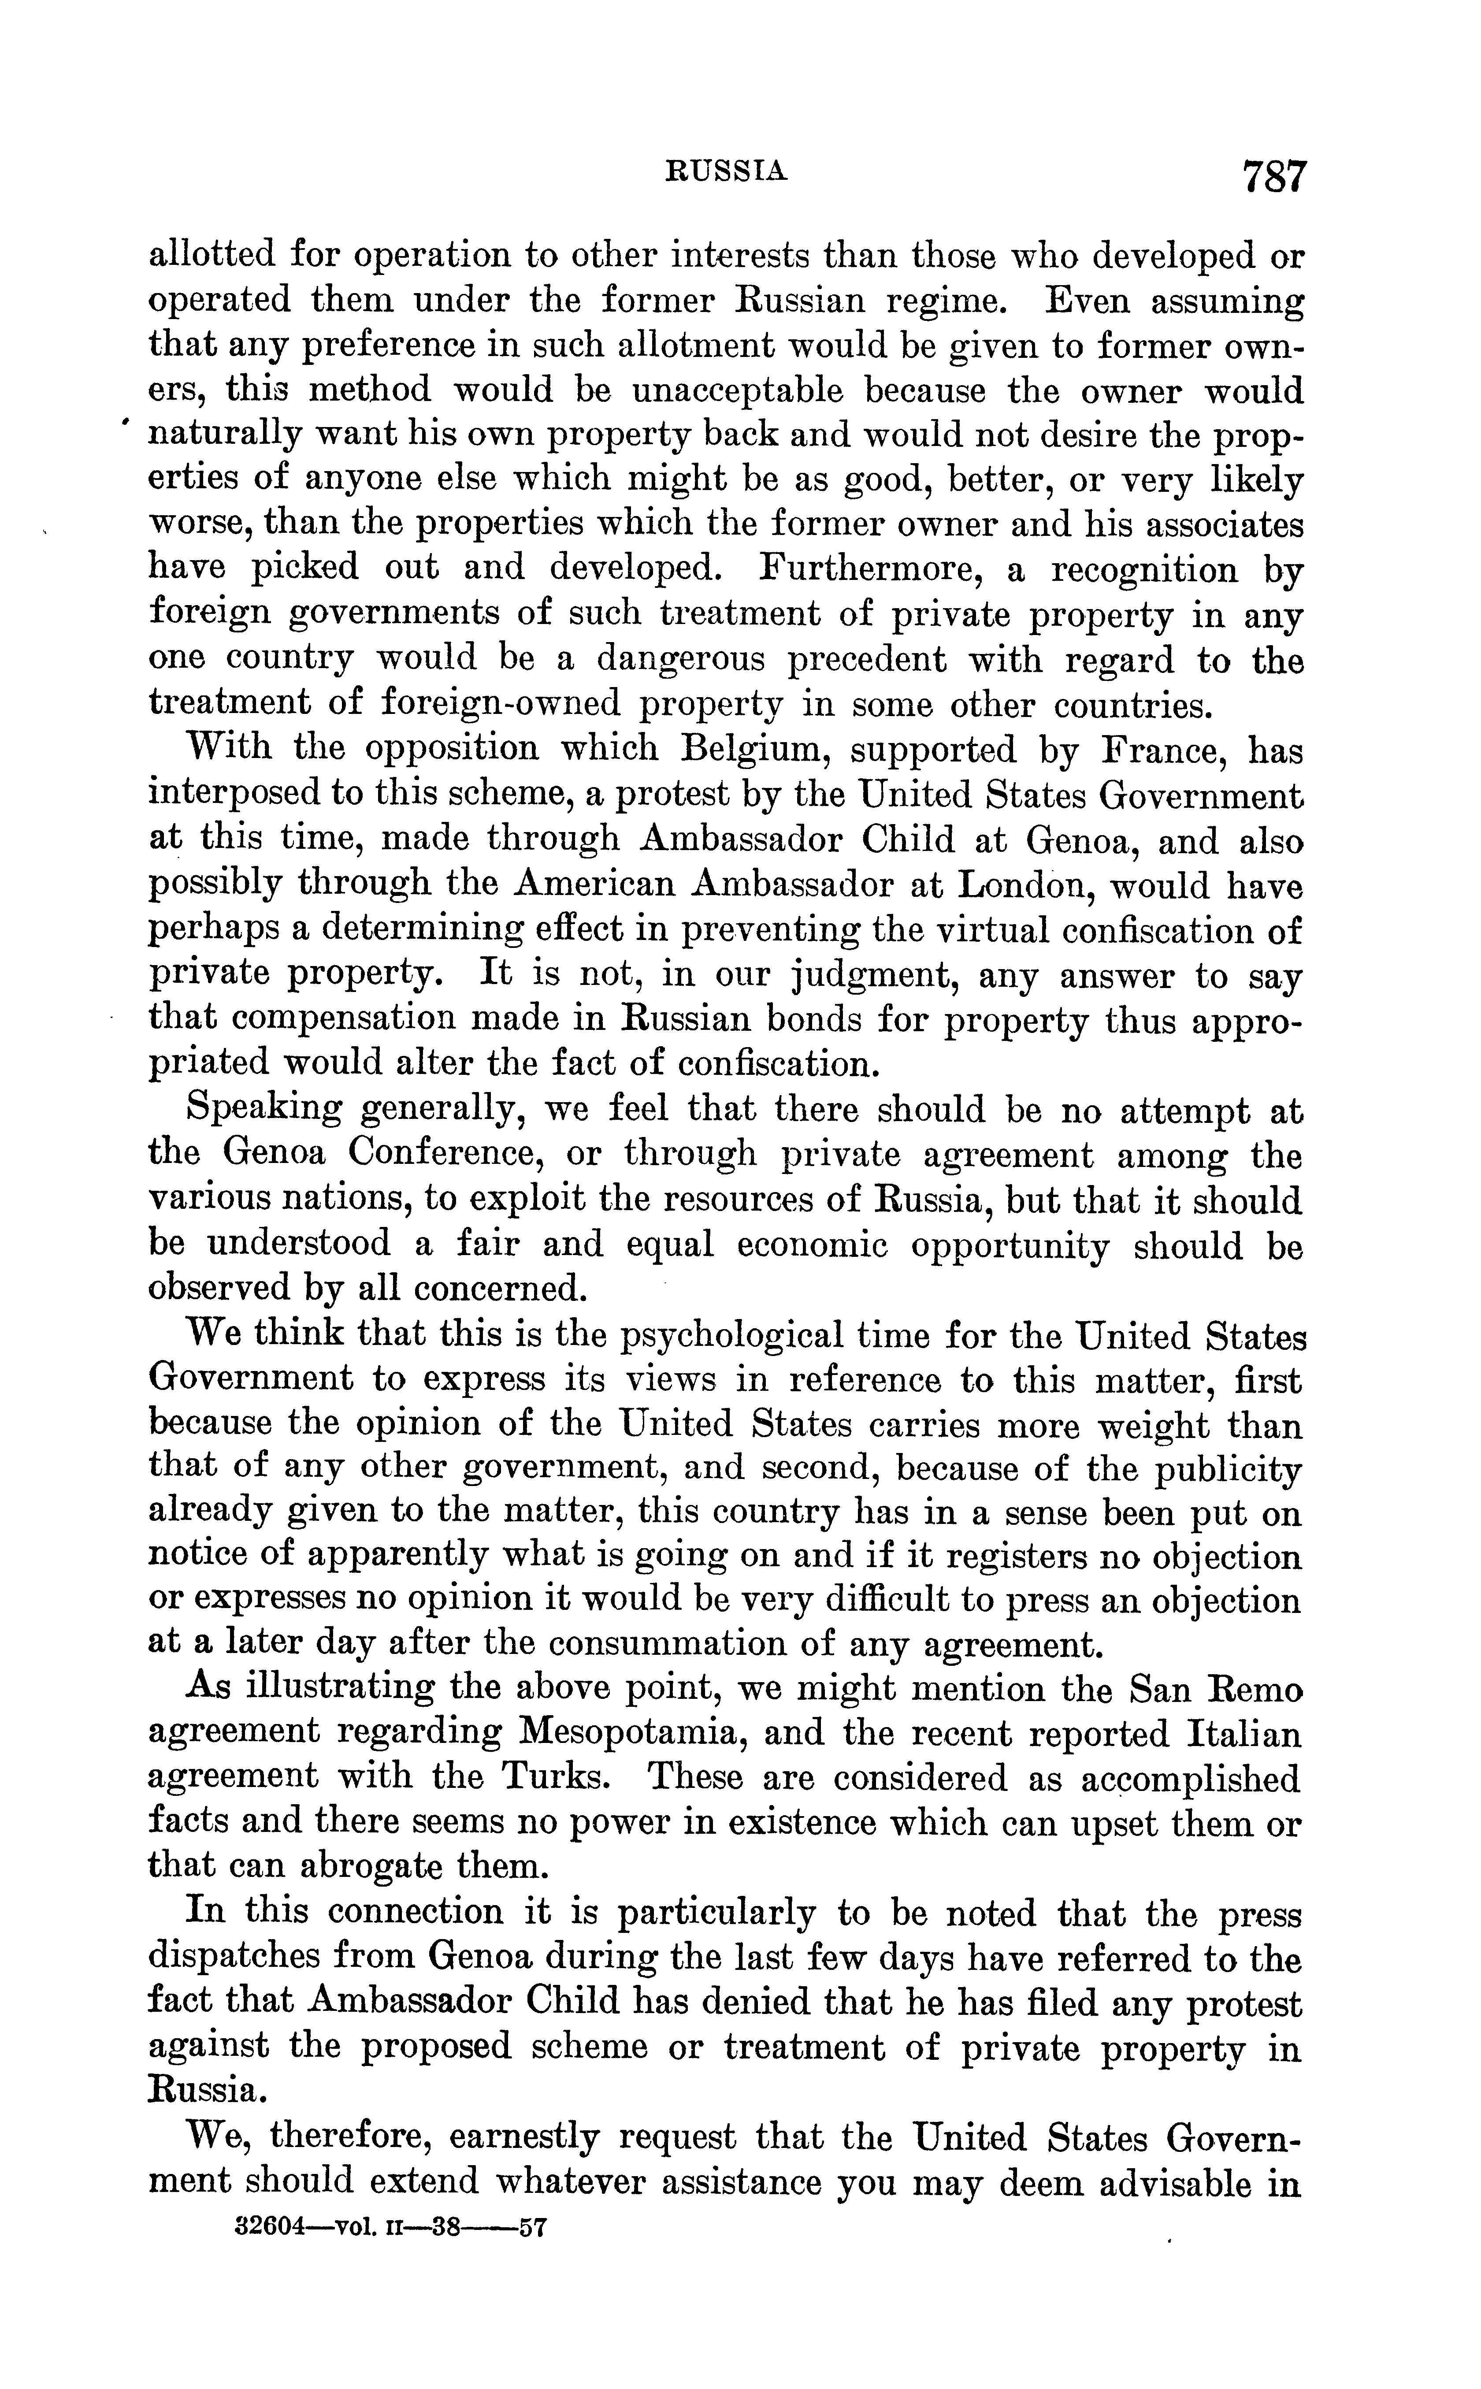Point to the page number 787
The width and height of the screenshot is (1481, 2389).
coord(1273,178)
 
